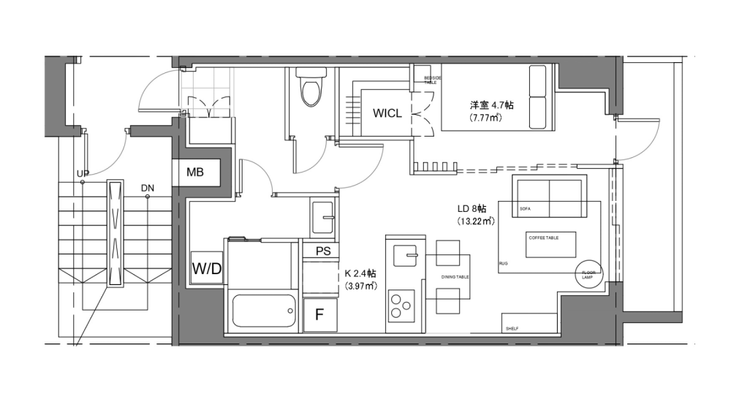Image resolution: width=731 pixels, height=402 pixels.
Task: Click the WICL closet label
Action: point(387,113)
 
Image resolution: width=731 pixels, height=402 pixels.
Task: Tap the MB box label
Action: point(194,173)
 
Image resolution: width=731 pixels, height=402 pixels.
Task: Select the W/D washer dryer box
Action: point(206,268)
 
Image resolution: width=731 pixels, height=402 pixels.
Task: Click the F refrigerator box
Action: point(319,315)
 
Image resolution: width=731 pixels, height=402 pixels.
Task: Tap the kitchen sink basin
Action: point(404,257)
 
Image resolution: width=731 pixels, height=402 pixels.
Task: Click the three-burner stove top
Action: point(401,304)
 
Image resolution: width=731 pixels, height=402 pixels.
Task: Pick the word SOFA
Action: point(524,209)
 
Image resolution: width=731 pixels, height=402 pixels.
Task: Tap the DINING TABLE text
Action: point(455,278)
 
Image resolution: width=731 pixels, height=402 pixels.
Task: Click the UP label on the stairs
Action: point(83,173)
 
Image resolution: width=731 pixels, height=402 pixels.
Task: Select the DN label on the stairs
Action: point(148,188)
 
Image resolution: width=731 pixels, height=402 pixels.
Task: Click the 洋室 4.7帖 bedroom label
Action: point(491,105)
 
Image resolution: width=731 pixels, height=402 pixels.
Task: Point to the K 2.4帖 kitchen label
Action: point(360,274)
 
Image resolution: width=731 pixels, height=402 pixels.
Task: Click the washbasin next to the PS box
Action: point(322,216)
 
